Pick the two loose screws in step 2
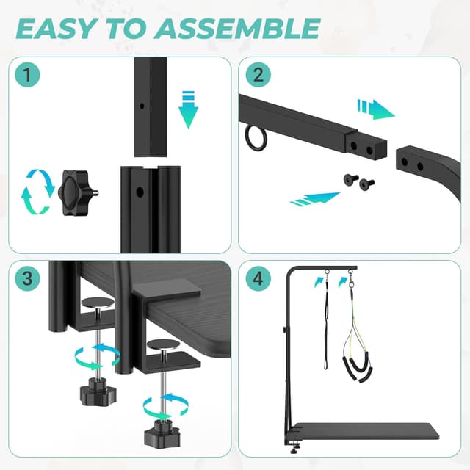pyautogui.click(x=358, y=179)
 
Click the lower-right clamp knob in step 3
pyautogui.click(x=161, y=425)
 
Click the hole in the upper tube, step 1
pyautogui.click(x=141, y=105)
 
